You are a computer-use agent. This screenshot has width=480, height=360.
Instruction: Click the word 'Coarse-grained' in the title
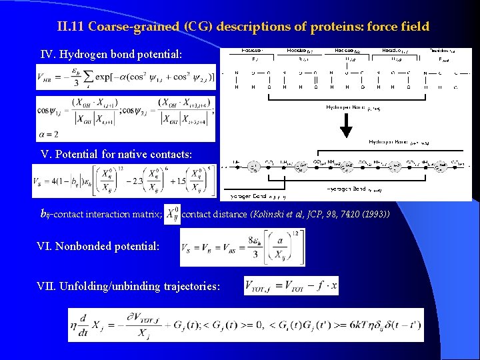pos(127,27)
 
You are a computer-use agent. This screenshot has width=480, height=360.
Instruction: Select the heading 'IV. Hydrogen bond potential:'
pos(109,53)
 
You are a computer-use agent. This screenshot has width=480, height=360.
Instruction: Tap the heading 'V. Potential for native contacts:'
pos(117,154)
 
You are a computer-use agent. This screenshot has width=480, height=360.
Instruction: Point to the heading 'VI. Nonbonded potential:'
pos(98,246)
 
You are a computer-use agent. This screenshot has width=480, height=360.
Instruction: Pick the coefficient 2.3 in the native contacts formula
pos(138,181)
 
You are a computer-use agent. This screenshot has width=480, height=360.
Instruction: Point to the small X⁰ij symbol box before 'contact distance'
pos(172,215)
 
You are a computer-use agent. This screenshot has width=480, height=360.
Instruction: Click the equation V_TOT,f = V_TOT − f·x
pos(291,286)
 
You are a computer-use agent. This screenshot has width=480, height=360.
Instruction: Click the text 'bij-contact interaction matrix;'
pos(101,215)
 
